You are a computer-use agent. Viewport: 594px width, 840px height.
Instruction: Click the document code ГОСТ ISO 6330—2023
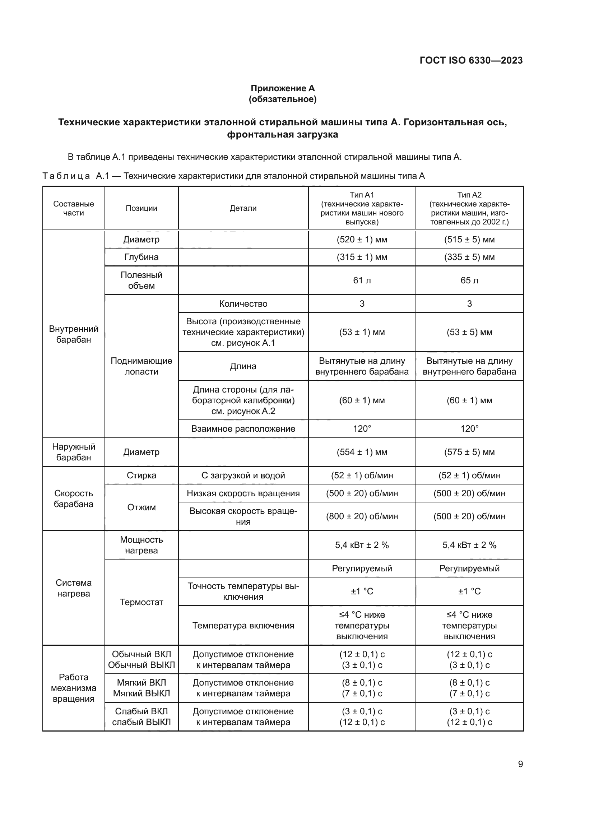(x=471, y=60)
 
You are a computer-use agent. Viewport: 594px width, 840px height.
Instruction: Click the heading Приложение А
(x=282, y=88)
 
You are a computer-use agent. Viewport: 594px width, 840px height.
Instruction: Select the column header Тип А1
(x=362, y=195)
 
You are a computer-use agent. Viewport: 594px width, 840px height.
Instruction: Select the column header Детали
(x=243, y=208)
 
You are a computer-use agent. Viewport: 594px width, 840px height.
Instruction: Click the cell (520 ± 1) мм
(x=362, y=240)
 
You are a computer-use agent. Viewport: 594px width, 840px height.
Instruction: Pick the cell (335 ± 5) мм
(x=469, y=257)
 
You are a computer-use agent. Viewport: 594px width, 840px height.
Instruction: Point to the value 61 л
(x=362, y=280)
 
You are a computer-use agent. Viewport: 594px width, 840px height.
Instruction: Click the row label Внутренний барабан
(x=74, y=334)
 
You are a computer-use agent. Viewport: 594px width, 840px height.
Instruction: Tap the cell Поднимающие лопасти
(x=141, y=366)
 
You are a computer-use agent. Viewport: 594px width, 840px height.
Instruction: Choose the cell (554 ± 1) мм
(x=362, y=452)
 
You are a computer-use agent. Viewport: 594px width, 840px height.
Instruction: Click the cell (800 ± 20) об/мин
(x=362, y=516)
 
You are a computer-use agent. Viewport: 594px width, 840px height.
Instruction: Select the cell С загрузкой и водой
(x=243, y=475)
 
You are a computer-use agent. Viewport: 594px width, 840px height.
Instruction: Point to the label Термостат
(x=141, y=602)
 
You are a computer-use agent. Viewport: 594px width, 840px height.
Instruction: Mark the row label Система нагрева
(x=74, y=588)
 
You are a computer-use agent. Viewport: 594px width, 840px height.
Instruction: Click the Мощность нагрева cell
(x=141, y=545)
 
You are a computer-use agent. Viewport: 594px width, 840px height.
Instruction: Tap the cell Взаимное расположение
(x=243, y=429)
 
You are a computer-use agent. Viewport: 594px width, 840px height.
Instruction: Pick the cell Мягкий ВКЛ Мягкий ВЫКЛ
(x=141, y=688)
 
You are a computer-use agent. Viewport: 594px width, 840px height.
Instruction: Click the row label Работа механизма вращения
(x=74, y=688)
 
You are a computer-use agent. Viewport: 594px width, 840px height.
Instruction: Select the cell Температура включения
(x=243, y=626)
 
